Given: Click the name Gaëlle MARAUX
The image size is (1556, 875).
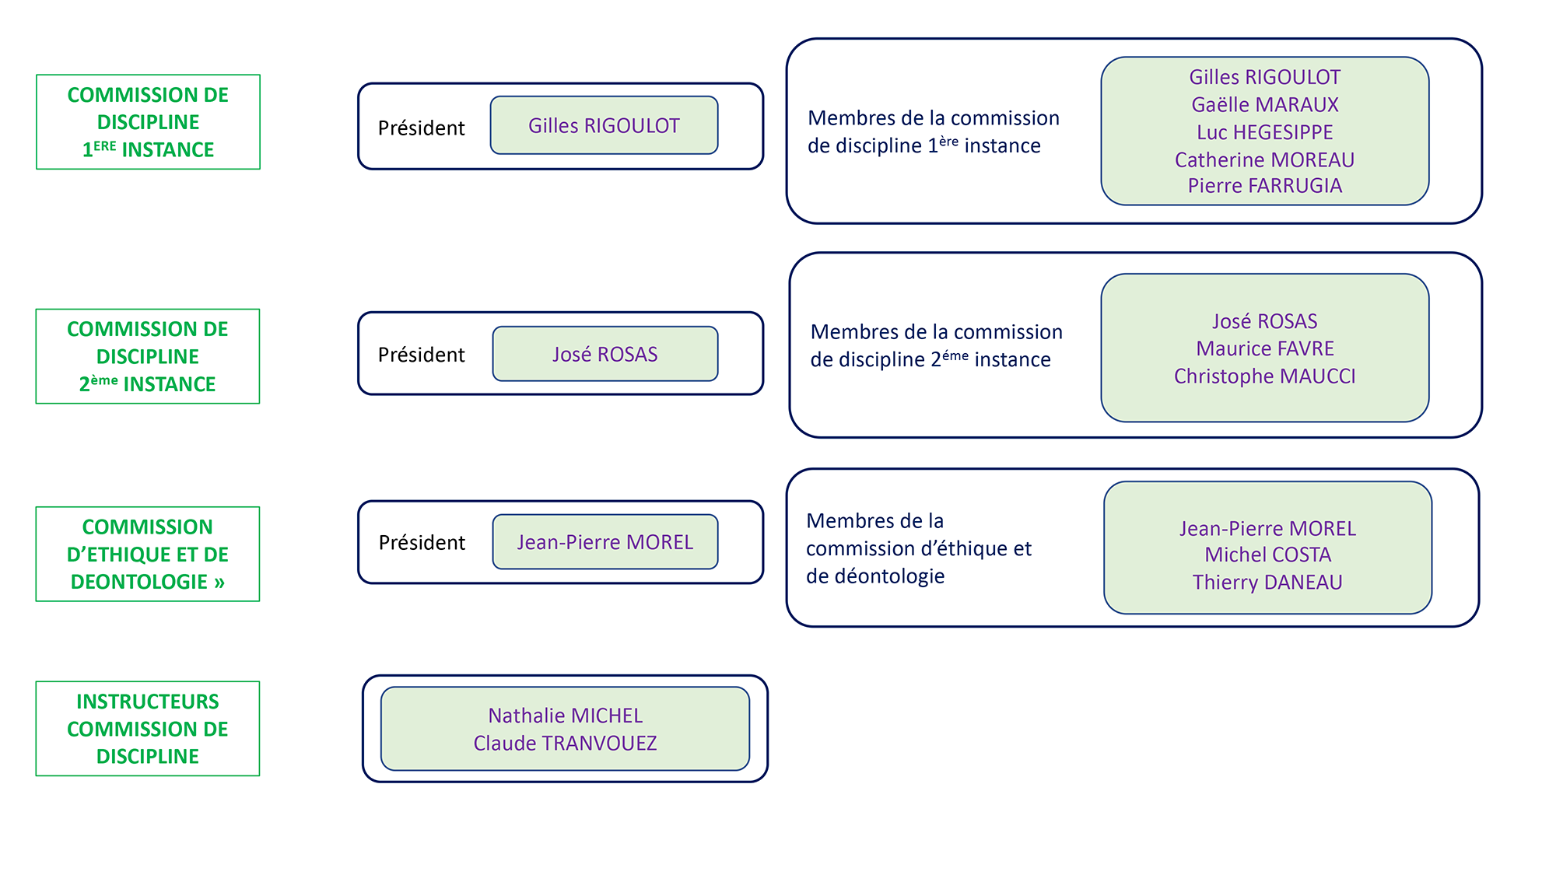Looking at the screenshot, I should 1264,105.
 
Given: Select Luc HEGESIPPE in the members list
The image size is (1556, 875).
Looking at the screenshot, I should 1264,132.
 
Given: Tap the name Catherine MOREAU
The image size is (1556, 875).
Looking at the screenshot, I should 1264,159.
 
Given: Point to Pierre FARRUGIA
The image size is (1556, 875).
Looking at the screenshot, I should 1264,186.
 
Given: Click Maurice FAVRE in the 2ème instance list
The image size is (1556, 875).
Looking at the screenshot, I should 1264,348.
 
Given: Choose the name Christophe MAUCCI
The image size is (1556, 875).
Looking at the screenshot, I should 1264,376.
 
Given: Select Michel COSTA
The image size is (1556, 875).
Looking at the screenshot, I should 1267,555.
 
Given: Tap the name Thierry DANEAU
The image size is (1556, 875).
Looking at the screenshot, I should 1267,583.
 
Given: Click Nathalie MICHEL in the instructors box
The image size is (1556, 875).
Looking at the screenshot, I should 565,716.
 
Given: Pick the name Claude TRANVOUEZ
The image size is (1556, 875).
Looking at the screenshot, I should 565,744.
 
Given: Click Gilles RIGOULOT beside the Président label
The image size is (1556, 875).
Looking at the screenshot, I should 604,126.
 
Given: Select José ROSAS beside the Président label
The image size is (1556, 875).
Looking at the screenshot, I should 605,355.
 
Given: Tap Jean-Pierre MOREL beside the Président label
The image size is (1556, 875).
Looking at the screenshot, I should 605,542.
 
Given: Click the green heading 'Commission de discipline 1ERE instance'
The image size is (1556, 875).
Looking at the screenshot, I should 148,122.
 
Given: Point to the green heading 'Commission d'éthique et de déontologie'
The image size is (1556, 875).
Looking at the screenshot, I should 148,555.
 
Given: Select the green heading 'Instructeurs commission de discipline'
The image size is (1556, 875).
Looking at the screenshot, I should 148,729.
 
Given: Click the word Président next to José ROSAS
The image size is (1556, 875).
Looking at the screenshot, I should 421,355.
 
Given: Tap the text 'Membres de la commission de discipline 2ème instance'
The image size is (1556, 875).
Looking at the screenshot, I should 936,345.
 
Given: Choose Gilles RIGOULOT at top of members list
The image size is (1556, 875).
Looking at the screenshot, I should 1264,77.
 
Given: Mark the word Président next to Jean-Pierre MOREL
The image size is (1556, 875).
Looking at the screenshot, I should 422,542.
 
